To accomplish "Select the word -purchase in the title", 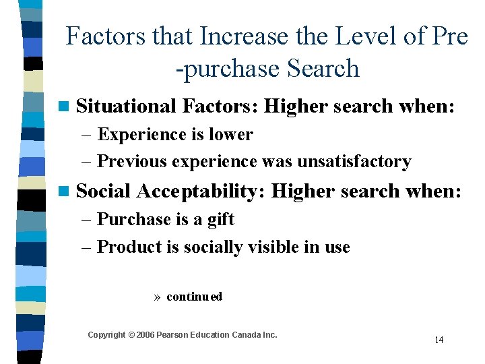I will click(x=226, y=68).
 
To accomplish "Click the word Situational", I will click(x=127, y=106).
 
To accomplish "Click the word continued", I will click(x=194, y=297).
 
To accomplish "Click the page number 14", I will click(x=439, y=340).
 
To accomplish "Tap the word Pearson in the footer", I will click(x=172, y=335).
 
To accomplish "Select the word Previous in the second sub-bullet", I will click(x=133, y=162).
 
